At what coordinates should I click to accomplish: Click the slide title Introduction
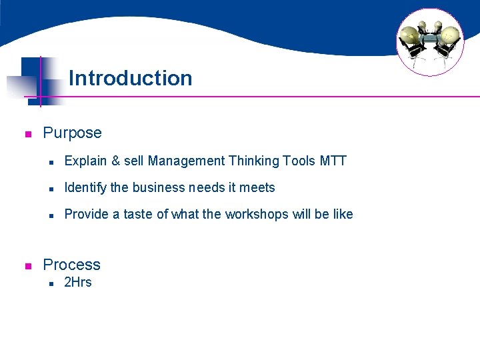[x=130, y=78]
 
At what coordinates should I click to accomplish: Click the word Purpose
[x=72, y=133]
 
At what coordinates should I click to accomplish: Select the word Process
[x=71, y=265]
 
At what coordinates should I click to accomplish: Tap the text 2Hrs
[x=77, y=282]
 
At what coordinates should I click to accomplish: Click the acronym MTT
[x=333, y=161]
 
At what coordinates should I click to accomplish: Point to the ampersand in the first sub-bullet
[x=116, y=161]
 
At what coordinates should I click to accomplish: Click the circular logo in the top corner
[x=429, y=42]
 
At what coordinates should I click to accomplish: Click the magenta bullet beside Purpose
[x=28, y=134]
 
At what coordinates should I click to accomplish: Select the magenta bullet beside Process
[x=28, y=266]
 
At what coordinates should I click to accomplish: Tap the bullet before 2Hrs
[x=50, y=283]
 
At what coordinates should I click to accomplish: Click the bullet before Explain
[x=50, y=162]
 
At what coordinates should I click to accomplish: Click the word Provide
[x=85, y=214]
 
